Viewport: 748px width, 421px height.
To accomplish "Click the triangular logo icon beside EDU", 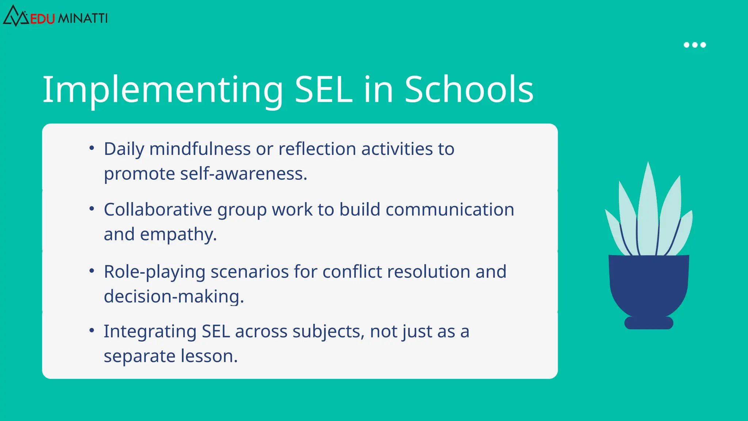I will pos(15,16).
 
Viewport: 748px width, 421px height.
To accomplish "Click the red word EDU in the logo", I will pos(42,19).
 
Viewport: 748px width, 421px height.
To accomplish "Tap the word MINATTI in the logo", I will pos(83,18).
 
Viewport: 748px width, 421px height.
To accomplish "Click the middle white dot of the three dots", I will pos(695,45).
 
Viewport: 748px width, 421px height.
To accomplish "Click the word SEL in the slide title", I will pos(323,90).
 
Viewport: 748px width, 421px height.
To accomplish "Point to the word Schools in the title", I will pos(469,90).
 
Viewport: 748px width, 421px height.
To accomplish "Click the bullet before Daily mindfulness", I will pos(92,148).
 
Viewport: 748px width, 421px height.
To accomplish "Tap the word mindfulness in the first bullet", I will pos(200,149).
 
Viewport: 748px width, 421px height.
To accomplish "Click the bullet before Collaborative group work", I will pos(92,209).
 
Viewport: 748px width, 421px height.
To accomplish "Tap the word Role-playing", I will pos(154,272).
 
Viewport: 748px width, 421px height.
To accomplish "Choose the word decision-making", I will pos(173,296).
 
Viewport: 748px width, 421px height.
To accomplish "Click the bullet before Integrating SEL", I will pos(92,331).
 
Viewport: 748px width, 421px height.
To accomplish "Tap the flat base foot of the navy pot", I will pos(649,323).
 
